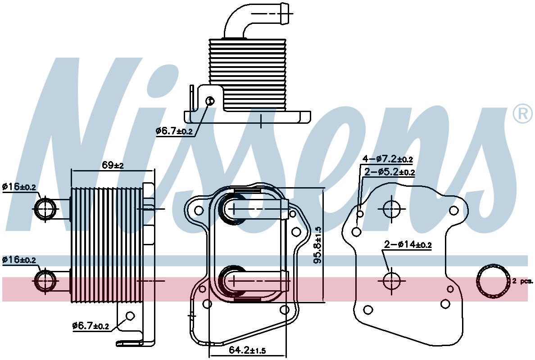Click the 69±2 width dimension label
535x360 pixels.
pos(113,165)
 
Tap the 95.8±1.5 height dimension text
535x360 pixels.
pos(318,245)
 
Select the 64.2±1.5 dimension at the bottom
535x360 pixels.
pos(247,350)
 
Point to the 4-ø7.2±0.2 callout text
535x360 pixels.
pos(388,159)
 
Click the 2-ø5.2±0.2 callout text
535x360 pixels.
pos(390,172)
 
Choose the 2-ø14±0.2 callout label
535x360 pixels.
pos(408,244)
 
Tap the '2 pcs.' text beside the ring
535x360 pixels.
pos(522,281)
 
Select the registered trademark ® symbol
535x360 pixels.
pos(523,114)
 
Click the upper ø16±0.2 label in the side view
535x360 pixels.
pos(19,187)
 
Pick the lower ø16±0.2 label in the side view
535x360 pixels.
pos(19,260)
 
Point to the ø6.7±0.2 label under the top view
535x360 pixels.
pos(174,131)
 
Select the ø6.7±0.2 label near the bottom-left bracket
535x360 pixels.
pos(91,326)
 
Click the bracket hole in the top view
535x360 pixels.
pos(210,100)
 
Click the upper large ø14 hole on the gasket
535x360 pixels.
pos(391,208)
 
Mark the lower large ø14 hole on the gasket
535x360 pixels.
pos(391,281)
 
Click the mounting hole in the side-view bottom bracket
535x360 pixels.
pos(130,316)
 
